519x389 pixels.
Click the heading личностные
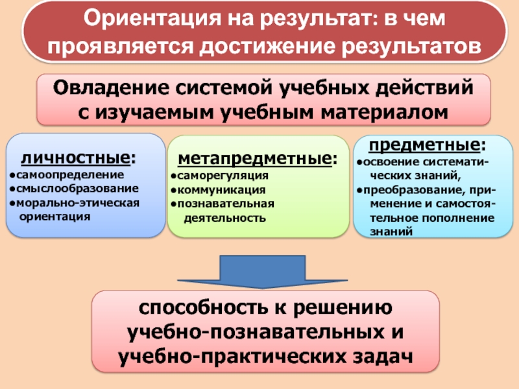click(77, 158)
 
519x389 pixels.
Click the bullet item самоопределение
click(66, 175)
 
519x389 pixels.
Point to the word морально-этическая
click(78, 202)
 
